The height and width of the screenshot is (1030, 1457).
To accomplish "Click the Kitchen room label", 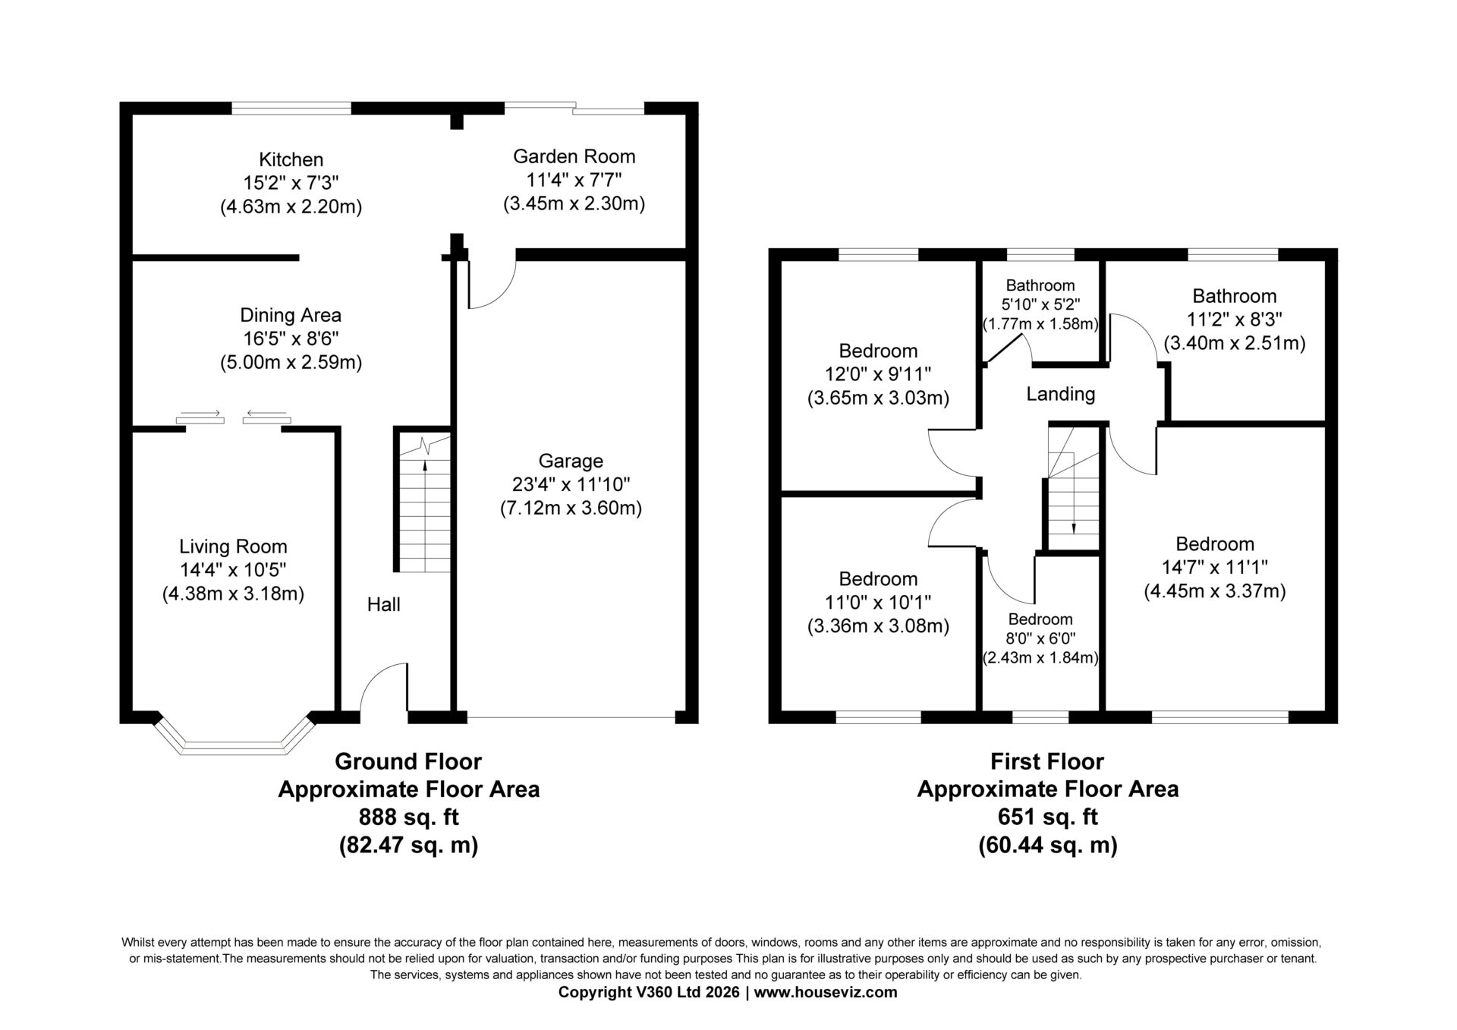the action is pos(291,159).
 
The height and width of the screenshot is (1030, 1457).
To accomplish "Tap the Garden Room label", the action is pos(574,156).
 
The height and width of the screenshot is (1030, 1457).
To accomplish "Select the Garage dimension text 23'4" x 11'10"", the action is pos(571,484).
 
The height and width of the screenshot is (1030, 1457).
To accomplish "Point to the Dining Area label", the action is pos(291,315).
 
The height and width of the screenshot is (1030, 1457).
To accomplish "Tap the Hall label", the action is pos(383,604).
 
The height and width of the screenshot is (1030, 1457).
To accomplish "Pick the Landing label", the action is pos(1060,394).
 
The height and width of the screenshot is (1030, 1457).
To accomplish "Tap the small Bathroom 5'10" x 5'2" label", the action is pos(1040,285).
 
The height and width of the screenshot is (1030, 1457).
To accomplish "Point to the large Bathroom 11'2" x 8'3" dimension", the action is pos(1235,320).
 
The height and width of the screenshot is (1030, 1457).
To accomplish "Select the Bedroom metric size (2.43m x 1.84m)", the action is pos(1040,658).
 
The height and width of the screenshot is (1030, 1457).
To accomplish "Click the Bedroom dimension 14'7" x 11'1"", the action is pos(1215,567).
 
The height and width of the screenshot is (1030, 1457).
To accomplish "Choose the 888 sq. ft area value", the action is pos(408,817).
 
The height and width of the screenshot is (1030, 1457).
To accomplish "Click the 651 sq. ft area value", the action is pos(1047,817).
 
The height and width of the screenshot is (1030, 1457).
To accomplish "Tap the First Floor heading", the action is pos(1047,761).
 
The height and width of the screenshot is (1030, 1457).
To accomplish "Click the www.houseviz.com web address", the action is pos(826,992).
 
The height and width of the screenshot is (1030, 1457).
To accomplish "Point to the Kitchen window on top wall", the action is pos(291,109).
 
